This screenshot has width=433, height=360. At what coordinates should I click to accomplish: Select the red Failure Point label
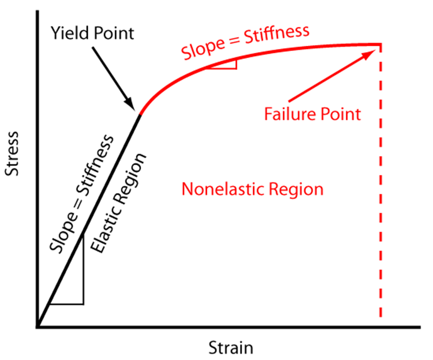tap(312, 114)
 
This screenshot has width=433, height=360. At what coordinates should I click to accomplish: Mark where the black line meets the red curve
tap(141, 115)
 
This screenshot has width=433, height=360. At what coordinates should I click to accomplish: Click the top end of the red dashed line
tap(381, 45)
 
